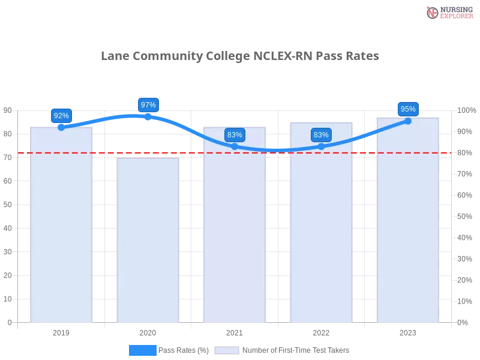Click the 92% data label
[x=61, y=116]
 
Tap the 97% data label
[x=148, y=105]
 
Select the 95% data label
[x=408, y=109]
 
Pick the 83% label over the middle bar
[x=235, y=135]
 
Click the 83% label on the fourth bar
[x=321, y=135]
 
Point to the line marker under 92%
[x=61, y=127]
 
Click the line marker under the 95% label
[x=408, y=121]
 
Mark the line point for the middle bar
[x=235, y=146]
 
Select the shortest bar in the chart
[x=148, y=240]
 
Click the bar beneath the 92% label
[x=62, y=228]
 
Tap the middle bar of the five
[x=235, y=228]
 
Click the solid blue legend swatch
[x=142, y=350]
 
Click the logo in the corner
[x=448, y=12]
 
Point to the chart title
[x=240, y=57]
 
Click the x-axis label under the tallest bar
[x=408, y=332]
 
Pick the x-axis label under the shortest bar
[x=148, y=332]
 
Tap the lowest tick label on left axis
[x=8, y=322]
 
